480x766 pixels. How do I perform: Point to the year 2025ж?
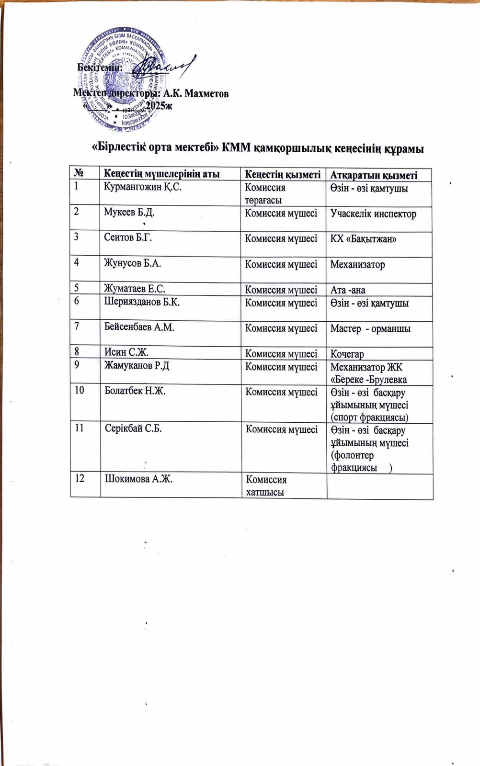coord(159,106)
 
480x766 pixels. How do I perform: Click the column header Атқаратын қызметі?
coord(374,175)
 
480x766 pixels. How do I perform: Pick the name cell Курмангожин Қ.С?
coord(143,187)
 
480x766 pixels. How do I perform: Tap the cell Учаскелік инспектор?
coord(373,214)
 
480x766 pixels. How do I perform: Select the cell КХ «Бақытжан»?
coord(363,239)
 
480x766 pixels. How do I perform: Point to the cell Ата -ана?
coord(348,290)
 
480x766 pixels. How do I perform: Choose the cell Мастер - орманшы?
coord(370,328)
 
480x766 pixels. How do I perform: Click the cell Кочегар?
coord(347,354)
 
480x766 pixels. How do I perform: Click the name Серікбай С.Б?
coord(133,428)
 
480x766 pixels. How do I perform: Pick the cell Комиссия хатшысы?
coord(266,485)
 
